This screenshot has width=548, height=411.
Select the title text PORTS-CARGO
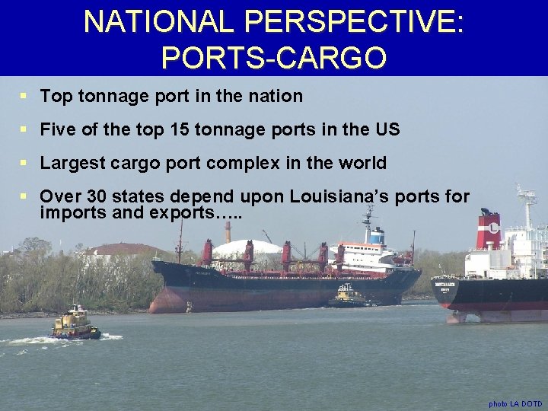point(274,57)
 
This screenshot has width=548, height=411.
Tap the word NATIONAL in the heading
point(156,22)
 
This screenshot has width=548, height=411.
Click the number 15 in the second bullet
point(178,129)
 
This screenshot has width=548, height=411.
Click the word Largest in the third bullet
point(69,163)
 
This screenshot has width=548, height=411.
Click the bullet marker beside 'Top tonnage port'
point(24,97)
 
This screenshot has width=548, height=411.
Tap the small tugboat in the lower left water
point(75,324)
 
